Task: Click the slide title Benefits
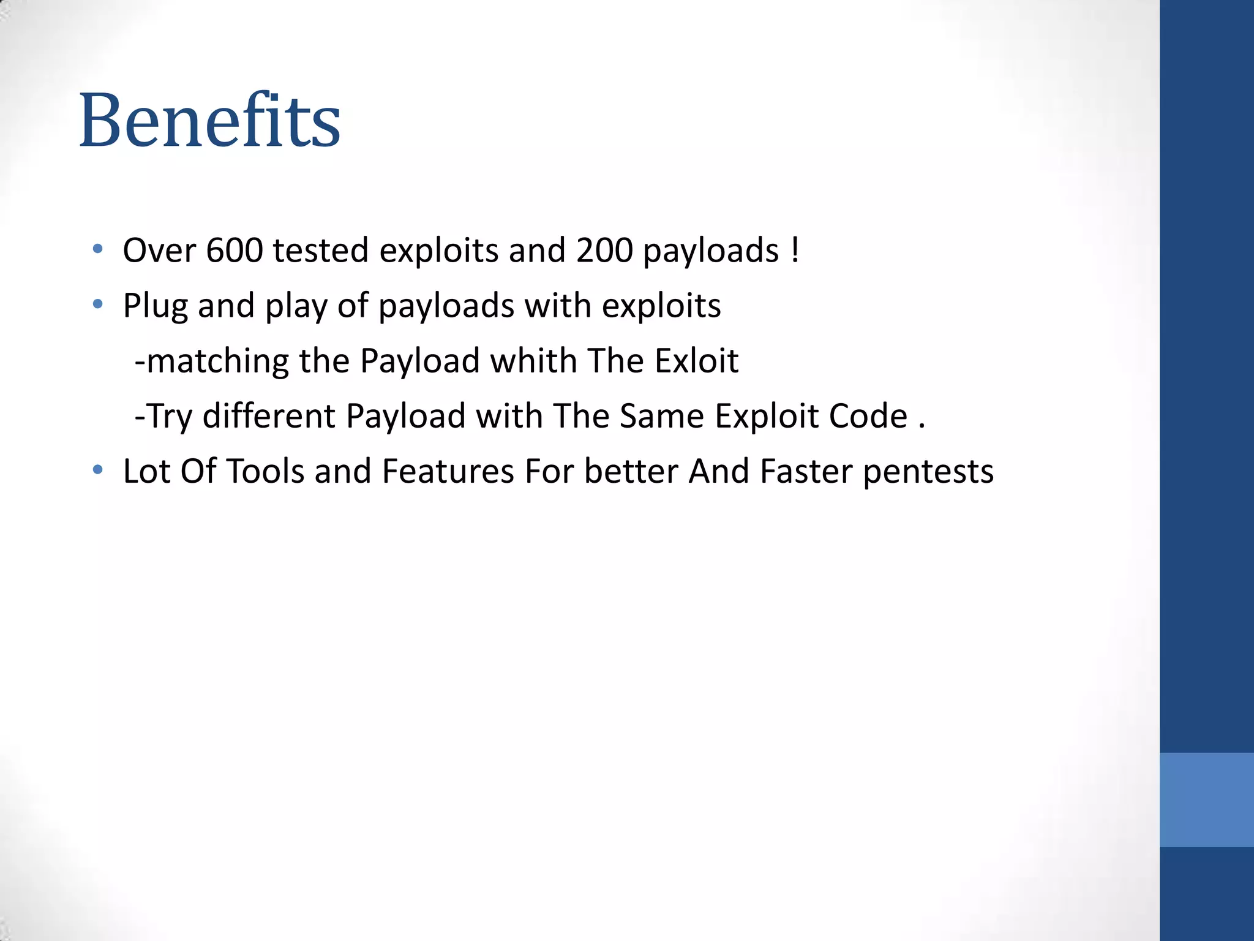point(209,120)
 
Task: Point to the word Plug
point(155,306)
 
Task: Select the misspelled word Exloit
point(696,361)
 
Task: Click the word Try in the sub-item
point(170,417)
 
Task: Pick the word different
point(269,416)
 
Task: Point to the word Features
point(448,472)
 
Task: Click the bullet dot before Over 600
point(97,249)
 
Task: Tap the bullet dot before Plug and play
point(97,304)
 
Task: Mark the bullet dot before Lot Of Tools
point(97,470)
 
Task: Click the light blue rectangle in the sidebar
point(1206,799)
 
